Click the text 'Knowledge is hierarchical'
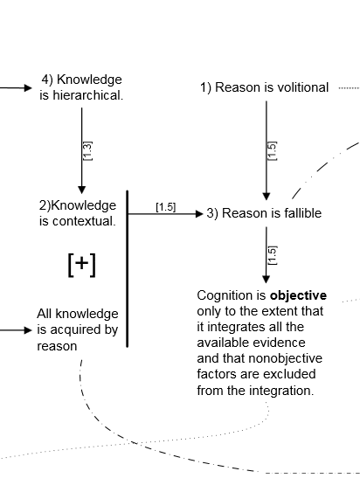(81, 87)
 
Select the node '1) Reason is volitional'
(264, 87)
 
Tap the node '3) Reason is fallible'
(264, 213)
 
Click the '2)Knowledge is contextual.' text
(77, 212)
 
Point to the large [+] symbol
(81, 265)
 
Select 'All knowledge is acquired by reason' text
(77, 329)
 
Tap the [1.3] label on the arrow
(87, 150)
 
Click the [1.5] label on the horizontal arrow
(165, 207)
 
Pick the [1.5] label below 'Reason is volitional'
(272, 150)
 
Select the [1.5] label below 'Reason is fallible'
(272, 254)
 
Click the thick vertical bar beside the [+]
(128, 268)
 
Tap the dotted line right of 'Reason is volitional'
(349, 87)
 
